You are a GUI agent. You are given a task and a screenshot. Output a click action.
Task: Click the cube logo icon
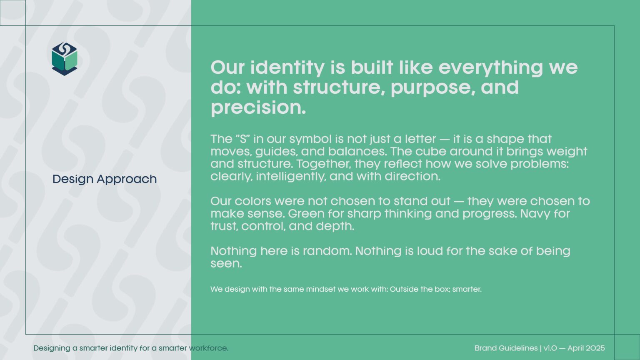pos(65,59)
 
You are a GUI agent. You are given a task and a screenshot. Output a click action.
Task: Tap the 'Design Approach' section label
pos(105,180)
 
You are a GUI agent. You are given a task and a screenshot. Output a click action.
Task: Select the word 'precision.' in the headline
pos(258,108)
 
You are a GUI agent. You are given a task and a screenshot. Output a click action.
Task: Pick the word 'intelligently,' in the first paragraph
pos(291,177)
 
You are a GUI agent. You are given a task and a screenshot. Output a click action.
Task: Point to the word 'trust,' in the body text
pos(224,226)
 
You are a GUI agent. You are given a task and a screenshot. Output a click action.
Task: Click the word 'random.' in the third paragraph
pos(327,251)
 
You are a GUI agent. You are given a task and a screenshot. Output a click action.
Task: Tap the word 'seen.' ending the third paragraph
pos(226,264)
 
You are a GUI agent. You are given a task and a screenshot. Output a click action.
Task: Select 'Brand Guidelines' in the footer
pos(506,348)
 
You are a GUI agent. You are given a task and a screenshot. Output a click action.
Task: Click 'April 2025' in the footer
pos(586,349)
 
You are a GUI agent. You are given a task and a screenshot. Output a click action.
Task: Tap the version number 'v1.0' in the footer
pos(550,348)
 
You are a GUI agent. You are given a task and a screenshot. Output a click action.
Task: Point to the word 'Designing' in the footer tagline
pos(52,349)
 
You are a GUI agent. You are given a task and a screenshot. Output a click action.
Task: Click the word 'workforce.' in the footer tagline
pos(209,348)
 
